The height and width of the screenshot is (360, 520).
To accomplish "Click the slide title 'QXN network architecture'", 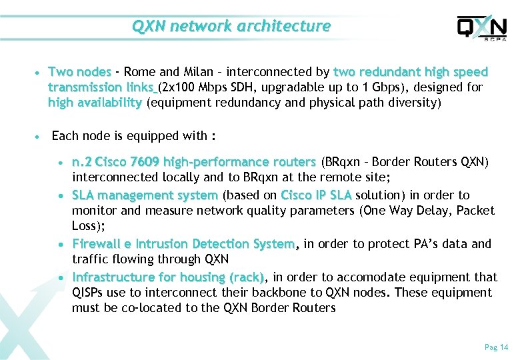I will coord(231,26).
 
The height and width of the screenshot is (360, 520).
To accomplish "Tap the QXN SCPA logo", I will coord(481,28).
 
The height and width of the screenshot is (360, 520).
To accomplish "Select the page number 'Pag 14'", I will coord(496,347).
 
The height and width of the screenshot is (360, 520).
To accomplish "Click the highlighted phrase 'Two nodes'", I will coord(79,72).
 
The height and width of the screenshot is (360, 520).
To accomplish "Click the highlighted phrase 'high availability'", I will coord(95,103).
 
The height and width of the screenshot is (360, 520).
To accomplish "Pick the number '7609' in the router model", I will coord(145,162).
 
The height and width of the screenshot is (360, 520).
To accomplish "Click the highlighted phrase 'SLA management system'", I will coord(145,195).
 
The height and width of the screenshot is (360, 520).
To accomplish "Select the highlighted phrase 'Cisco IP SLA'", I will coord(317,195).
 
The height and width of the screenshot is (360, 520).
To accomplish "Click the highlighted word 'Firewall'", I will coord(98,244).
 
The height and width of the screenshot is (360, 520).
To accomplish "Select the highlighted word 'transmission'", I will coord(85,87).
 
